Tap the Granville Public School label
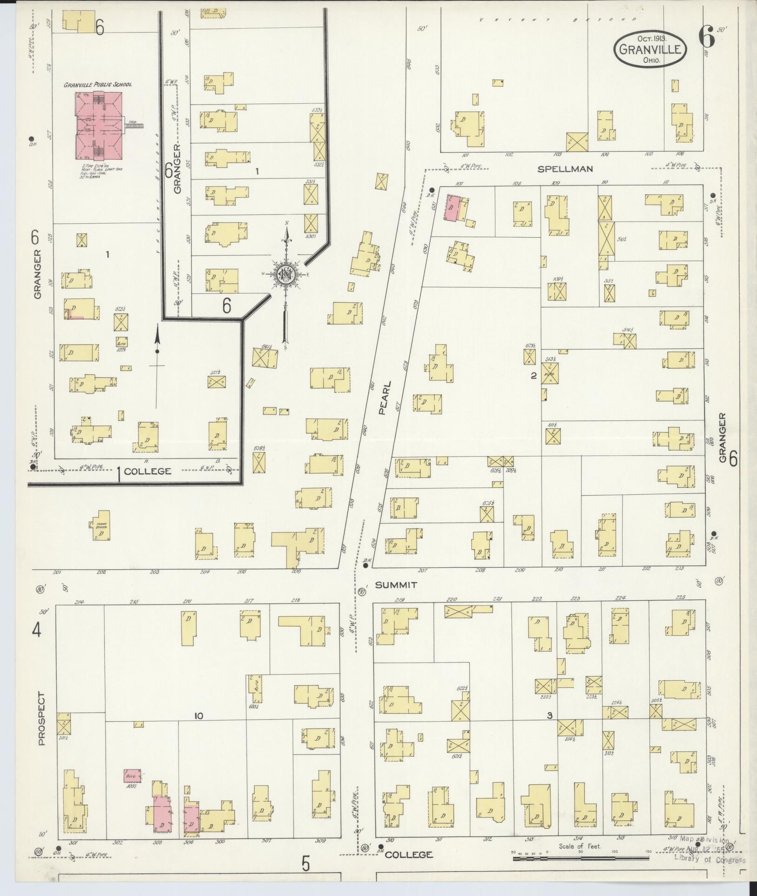(98, 85)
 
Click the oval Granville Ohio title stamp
(650, 50)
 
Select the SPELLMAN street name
(565, 169)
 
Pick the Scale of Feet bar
(581, 859)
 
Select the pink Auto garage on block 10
(130, 776)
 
